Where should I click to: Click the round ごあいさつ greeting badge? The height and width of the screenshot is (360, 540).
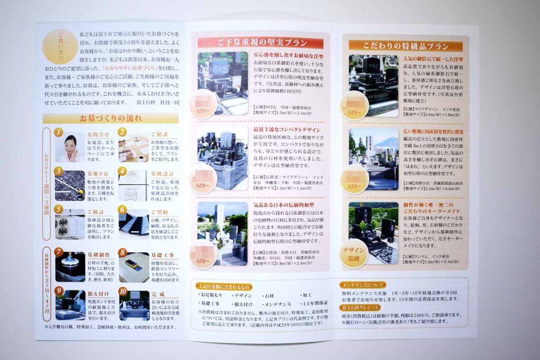click(x=60, y=46)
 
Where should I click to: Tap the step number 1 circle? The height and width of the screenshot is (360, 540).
click(x=59, y=132)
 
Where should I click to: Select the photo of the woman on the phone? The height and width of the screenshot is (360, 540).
click(x=70, y=148)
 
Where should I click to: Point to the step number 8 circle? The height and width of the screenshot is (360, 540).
click(x=122, y=252)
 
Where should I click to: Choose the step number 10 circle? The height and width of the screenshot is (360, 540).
click(x=123, y=290)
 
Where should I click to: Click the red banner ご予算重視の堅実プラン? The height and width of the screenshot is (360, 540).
click(x=261, y=43)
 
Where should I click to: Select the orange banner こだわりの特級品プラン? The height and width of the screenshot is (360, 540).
click(x=406, y=45)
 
